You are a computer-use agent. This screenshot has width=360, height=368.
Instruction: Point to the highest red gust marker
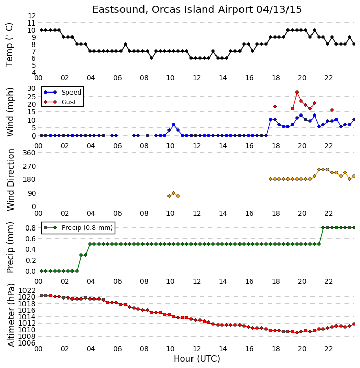click(x=297, y=92)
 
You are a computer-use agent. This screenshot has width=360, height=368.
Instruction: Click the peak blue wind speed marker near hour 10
click(x=173, y=124)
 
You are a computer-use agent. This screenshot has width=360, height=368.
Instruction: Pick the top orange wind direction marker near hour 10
click(x=173, y=193)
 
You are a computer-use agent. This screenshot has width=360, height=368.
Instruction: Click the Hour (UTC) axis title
click(x=197, y=359)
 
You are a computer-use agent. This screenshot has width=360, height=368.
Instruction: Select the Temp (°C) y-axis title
click(x=9, y=45)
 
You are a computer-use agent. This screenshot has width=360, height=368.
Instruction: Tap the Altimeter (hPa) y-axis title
click(x=11, y=315)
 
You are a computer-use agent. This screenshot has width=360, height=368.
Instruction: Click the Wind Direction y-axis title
click(x=11, y=180)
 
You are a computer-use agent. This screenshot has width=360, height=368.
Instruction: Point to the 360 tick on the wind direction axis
click(x=29, y=153)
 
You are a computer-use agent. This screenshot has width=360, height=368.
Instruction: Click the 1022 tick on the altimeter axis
click(x=27, y=290)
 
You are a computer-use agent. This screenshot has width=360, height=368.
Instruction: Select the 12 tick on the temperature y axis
click(x=32, y=16)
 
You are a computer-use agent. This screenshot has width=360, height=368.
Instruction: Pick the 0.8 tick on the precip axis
click(x=31, y=228)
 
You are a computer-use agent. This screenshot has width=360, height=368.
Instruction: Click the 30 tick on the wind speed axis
click(x=32, y=88)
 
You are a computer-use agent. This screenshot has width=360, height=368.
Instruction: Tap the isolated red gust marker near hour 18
click(x=275, y=106)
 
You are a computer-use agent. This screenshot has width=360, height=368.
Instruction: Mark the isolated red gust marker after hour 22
click(x=332, y=110)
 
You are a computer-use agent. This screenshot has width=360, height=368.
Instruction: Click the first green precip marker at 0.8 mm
click(x=323, y=227)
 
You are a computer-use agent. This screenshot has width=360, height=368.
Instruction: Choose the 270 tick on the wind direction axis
click(x=29, y=166)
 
